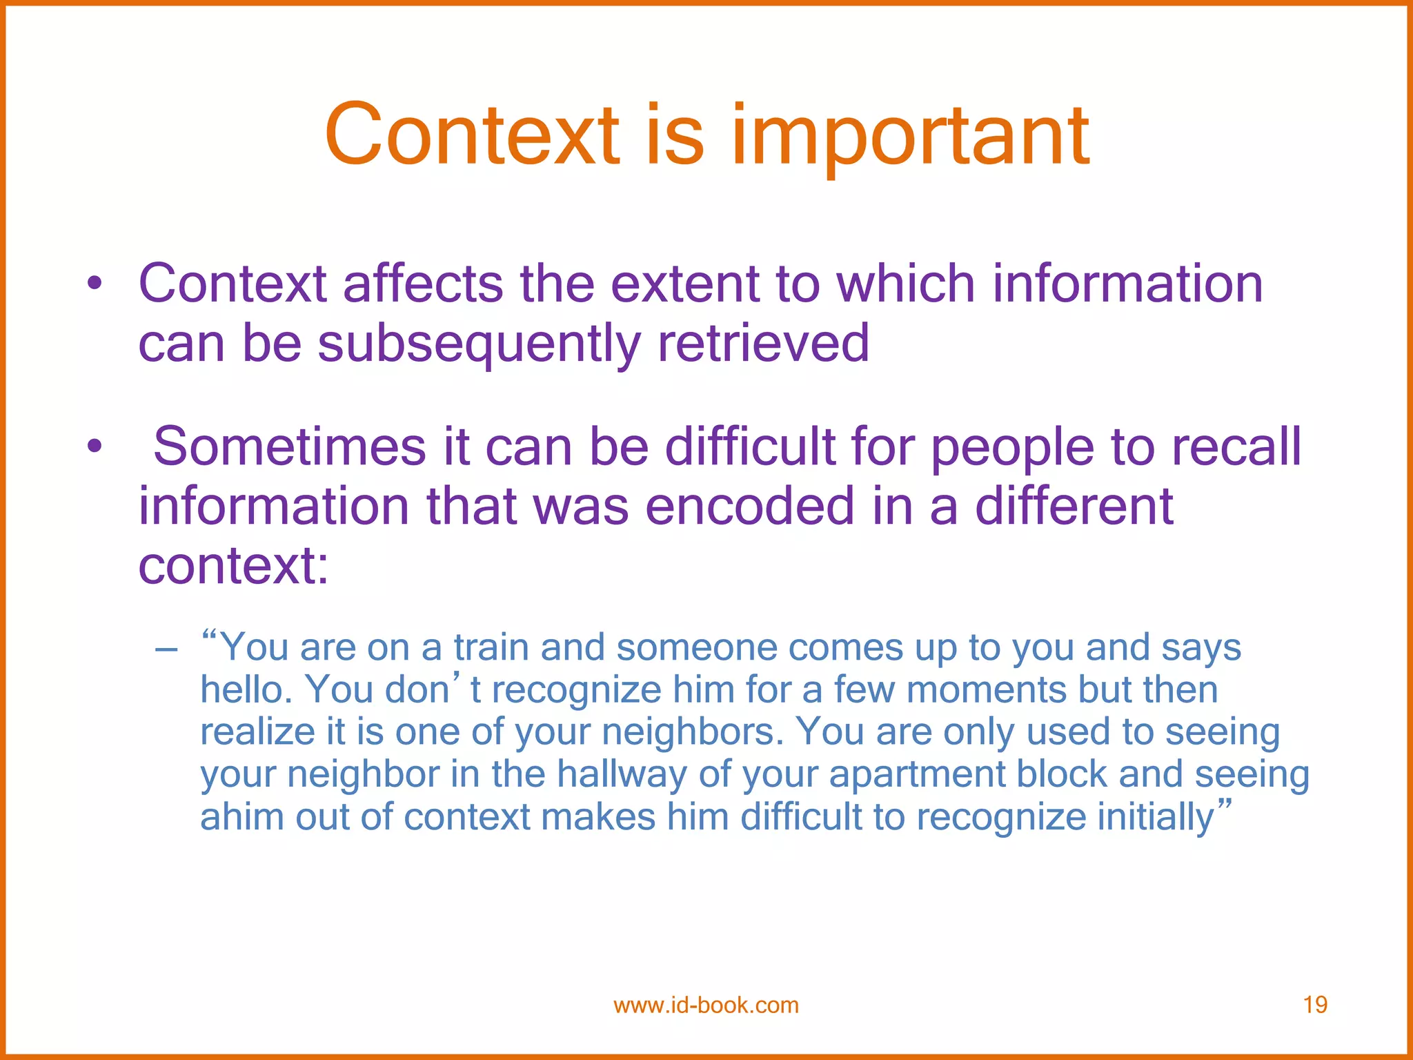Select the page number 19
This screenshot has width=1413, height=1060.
1315,1005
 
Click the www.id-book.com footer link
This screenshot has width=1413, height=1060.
706,1005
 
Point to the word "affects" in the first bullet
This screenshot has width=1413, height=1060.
423,284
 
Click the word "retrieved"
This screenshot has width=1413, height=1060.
763,343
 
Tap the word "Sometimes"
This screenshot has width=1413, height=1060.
290,446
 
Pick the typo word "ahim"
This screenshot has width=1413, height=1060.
241,817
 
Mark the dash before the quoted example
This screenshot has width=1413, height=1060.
166,649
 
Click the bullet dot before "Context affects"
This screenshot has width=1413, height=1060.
95,284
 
